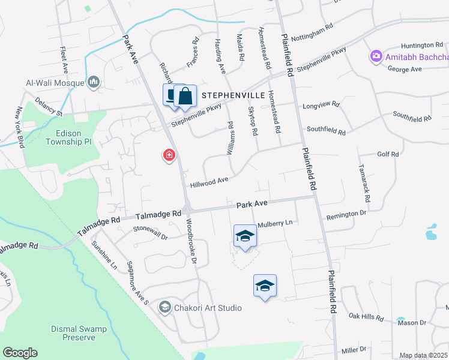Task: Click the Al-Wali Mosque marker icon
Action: [x=94, y=82]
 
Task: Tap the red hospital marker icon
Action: [x=170, y=155]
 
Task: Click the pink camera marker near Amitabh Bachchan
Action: [x=376, y=56]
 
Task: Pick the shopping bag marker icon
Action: [x=186, y=95]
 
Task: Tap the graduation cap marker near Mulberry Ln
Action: [x=244, y=236]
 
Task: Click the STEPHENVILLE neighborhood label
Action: [x=233, y=95]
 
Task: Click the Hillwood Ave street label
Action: [x=209, y=180]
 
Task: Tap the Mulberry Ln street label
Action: [x=274, y=223]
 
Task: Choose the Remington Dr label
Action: [x=346, y=214]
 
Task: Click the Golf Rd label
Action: [x=388, y=154]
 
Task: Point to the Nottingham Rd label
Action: [x=312, y=34]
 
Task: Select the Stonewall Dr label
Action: [x=150, y=232]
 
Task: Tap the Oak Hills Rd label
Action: [x=366, y=316]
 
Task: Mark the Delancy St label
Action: [x=49, y=107]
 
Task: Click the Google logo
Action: [x=20, y=353]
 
